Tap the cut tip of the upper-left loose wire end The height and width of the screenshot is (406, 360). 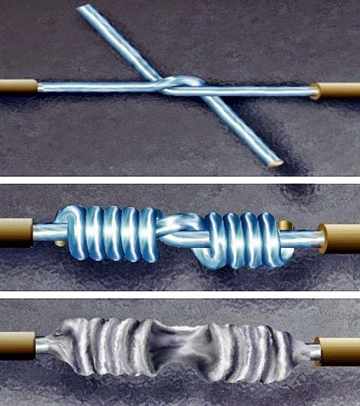[x=83, y=8]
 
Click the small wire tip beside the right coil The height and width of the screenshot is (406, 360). [x=283, y=225]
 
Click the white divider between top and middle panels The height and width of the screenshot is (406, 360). [x=180, y=180]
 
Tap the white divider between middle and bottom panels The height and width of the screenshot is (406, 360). [x=180, y=294]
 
